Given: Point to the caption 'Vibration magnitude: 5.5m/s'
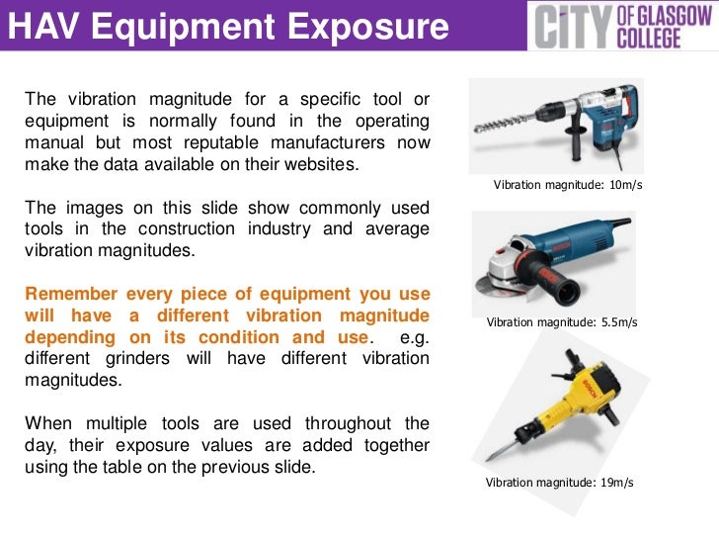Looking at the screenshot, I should (x=562, y=322).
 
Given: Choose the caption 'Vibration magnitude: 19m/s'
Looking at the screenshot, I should (x=559, y=482).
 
